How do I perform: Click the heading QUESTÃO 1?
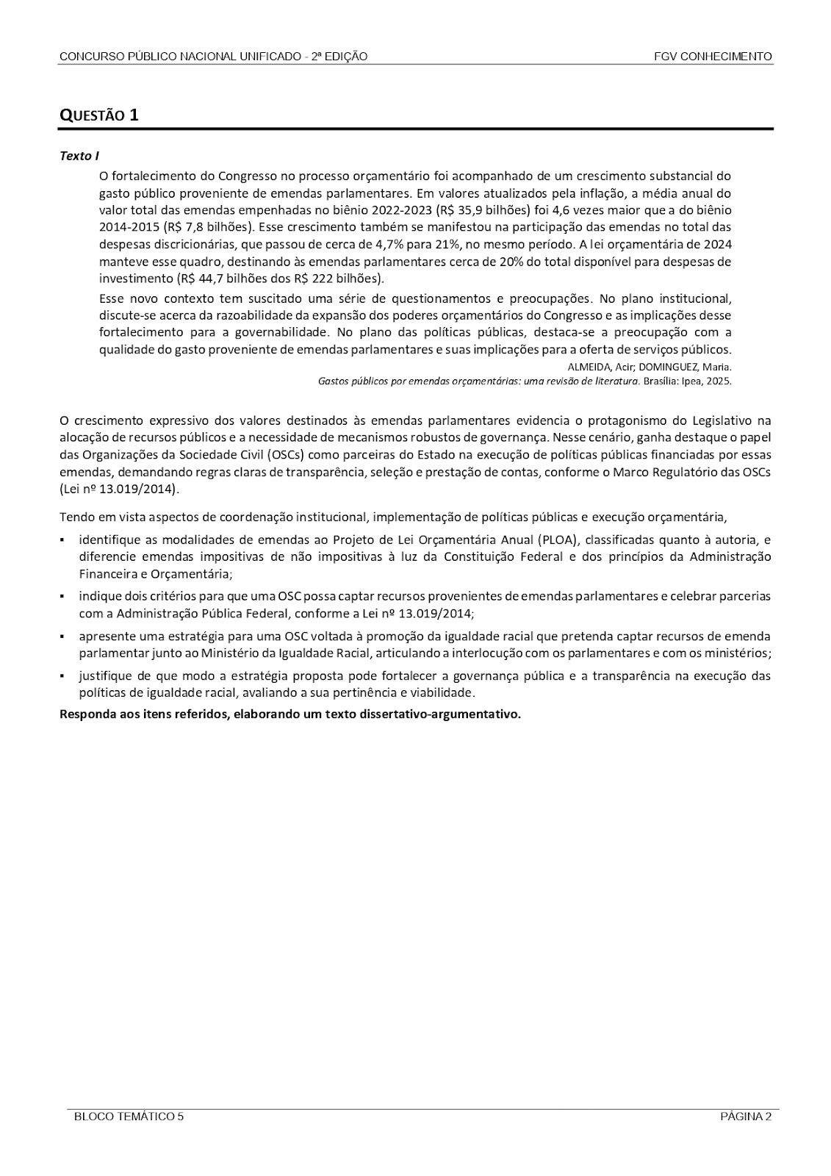click(98, 115)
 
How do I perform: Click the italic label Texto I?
click(79, 157)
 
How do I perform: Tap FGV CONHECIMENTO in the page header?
click(713, 57)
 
